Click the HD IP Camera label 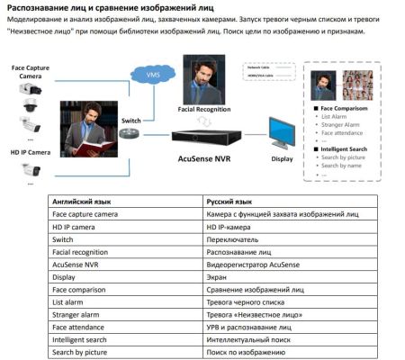(30, 153)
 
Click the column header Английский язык (81, 203)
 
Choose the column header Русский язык (229, 203)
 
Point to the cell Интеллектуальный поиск (247, 340)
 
